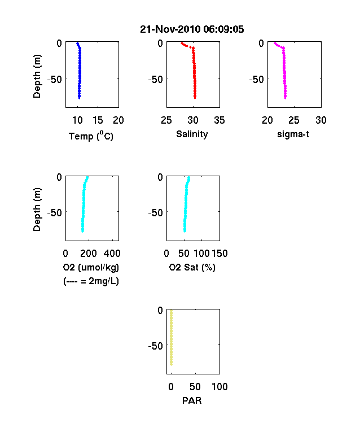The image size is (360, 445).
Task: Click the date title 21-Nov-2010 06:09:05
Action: (x=192, y=29)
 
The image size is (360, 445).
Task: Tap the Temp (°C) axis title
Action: (x=91, y=136)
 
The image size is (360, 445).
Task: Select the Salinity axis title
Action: (x=192, y=134)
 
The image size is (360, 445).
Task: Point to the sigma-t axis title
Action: (x=293, y=134)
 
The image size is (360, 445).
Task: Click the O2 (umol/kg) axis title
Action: (x=91, y=267)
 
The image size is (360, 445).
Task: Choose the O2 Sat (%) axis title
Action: (x=192, y=267)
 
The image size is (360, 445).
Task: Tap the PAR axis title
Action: (x=192, y=400)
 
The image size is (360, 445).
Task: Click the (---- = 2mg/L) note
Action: (x=91, y=281)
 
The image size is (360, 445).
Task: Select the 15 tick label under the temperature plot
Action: (x=98, y=120)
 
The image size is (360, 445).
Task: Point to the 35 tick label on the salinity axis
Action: (x=219, y=120)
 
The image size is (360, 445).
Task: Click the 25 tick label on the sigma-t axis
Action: (x=294, y=120)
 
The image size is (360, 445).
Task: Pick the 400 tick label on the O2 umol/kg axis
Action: (x=112, y=254)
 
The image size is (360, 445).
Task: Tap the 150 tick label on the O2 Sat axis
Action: (x=219, y=254)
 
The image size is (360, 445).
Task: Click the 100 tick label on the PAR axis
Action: (x=219, y=386)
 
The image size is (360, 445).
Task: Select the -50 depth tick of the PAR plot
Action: (x=155, y=346)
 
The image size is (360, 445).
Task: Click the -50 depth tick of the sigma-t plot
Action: (x=257, y=80)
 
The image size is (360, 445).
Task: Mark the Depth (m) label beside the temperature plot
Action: (x=37, y=76)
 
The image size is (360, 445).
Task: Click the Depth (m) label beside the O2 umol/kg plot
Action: (x=37, y=210)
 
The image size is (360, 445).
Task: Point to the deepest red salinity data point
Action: (x=195, y=98)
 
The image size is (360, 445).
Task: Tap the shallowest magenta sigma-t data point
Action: (x=275, y=43)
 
